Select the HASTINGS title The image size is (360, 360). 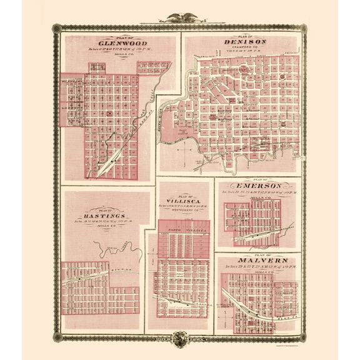click(x=105, y=214)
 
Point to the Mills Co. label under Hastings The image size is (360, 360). click(x=105, y=226)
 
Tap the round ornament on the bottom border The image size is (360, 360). click(x=180, y=338)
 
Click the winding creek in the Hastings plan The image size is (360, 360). click(x=112, y=248)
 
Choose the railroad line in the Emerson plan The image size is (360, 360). click(x=262, y=232)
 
